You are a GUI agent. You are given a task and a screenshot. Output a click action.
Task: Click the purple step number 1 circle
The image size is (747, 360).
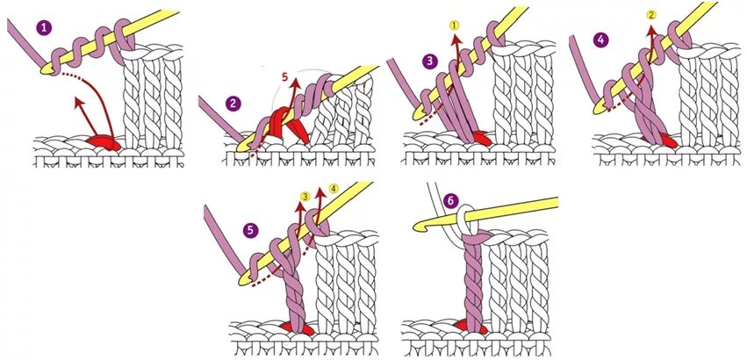tap(44, 28)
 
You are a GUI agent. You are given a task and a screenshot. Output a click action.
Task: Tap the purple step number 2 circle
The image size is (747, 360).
tap(233, 104)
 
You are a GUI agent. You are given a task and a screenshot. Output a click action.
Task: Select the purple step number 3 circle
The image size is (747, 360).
tap(429, 61)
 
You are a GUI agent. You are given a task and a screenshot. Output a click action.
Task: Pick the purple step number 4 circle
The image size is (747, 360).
tap(600, 40)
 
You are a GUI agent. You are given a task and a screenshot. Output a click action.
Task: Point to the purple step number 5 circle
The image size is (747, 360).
tap(251, 230)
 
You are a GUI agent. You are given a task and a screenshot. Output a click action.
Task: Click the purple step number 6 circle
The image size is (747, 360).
tap(451, 201)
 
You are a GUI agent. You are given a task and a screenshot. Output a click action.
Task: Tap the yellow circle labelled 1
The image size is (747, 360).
tap(455, 26)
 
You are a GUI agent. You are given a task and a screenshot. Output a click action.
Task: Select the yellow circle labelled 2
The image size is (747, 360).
tap(650, 15)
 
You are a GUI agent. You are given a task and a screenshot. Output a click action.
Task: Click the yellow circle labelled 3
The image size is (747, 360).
tap(305, 196)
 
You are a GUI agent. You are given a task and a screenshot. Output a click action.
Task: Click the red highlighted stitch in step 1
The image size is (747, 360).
tap(105, 140)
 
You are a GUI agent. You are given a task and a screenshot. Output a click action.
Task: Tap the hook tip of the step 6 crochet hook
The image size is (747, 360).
tap(417, 227)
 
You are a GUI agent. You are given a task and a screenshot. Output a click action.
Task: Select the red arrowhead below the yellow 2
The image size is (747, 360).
tap(650, 31)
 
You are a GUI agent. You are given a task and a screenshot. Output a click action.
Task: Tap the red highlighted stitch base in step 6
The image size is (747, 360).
tap(471, 327)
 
